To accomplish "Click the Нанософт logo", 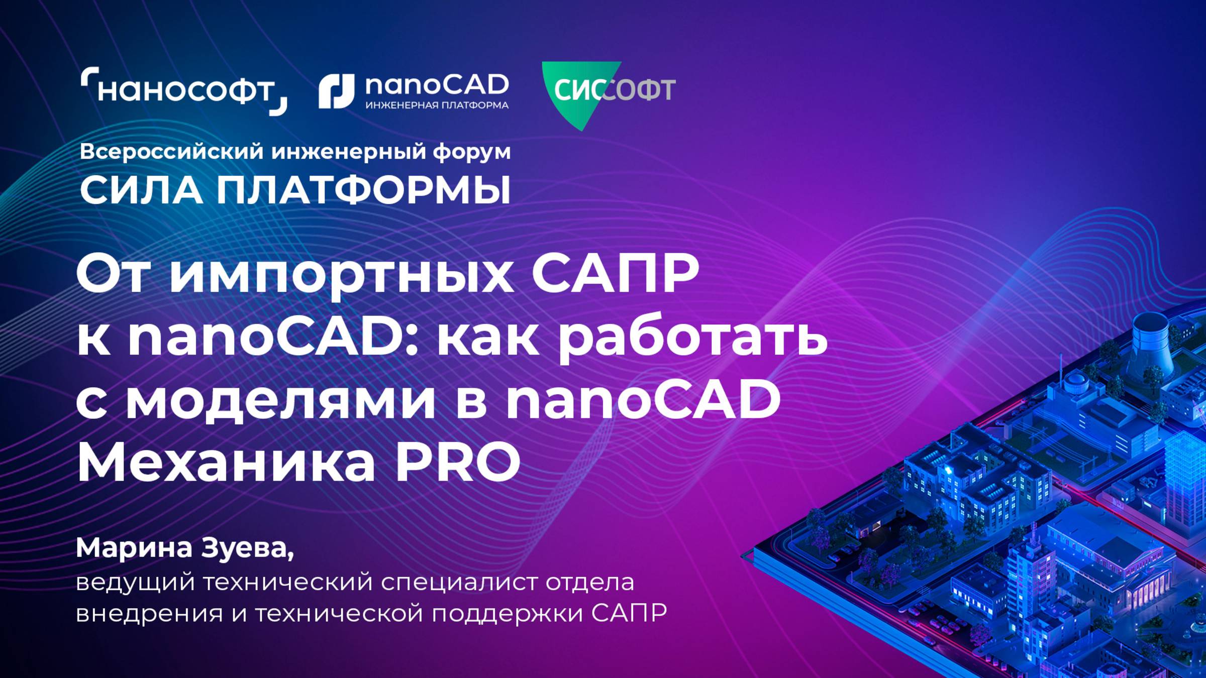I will pos(184,91).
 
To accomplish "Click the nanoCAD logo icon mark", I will pos(336,91).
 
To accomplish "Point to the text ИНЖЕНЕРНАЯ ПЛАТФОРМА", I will pos(437,105).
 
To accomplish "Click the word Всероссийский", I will pos(171,152).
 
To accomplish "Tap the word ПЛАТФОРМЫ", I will pos(363,191).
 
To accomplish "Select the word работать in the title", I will pos(692,339).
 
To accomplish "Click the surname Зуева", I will pos(247,548).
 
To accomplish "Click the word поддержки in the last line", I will pos(507,614).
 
